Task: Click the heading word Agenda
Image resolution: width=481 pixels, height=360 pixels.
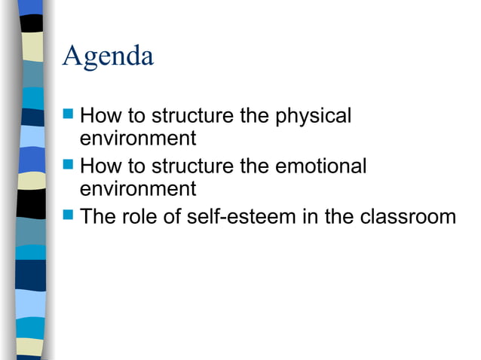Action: coord(109,56)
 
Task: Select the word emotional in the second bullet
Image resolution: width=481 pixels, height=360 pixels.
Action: coord(321,166)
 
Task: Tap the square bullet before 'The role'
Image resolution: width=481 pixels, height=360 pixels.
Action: coord(69,215)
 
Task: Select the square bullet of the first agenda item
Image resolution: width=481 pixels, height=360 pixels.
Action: coord(69,115)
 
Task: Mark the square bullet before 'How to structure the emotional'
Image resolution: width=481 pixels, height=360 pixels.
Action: coord(69,163)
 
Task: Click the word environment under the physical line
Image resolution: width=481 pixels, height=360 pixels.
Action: coord(138,139)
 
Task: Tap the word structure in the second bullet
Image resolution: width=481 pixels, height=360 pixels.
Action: coord(195,166)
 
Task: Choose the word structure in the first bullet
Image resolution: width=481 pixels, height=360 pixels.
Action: coord(195,117)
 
